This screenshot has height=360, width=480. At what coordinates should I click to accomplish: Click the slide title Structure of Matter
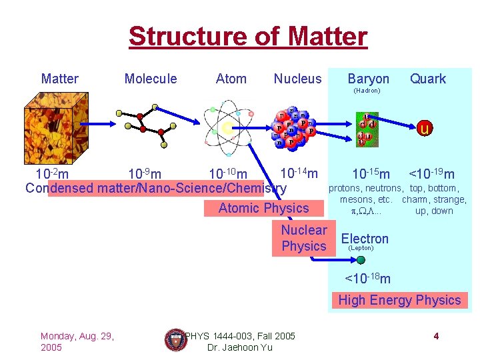click(x=247, y=36)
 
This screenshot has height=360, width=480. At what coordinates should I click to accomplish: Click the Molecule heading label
click(x=151, y=79)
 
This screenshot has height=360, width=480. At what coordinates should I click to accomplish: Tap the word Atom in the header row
click(x=231, y=79)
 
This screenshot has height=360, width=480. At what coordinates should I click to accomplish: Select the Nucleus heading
click(x=297, y=79)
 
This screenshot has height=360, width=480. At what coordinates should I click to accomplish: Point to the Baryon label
click(x=368, y=79)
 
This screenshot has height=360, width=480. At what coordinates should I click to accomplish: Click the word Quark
click(x=427, y=79)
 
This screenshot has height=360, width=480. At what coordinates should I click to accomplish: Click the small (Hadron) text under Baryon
click(x=367, y=91)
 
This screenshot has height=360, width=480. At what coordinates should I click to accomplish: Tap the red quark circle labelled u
click(x=424, y=127)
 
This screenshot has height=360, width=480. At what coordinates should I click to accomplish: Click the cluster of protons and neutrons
click(x=292, y=127)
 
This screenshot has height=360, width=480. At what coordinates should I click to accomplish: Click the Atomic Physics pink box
click(x=264, y=208)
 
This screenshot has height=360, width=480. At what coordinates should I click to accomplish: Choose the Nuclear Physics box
click(x=304, y=239)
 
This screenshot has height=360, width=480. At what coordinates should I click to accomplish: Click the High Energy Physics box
click(x=399, y=300)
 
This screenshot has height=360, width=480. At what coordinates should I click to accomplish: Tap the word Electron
click(x=365, y=238)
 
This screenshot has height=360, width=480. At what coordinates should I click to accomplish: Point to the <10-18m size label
click(x=367, y=277)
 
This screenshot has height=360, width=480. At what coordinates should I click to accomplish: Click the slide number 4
click(x=436, y=336)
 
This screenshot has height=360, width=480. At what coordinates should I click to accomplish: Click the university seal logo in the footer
click(x=174, y=339)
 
